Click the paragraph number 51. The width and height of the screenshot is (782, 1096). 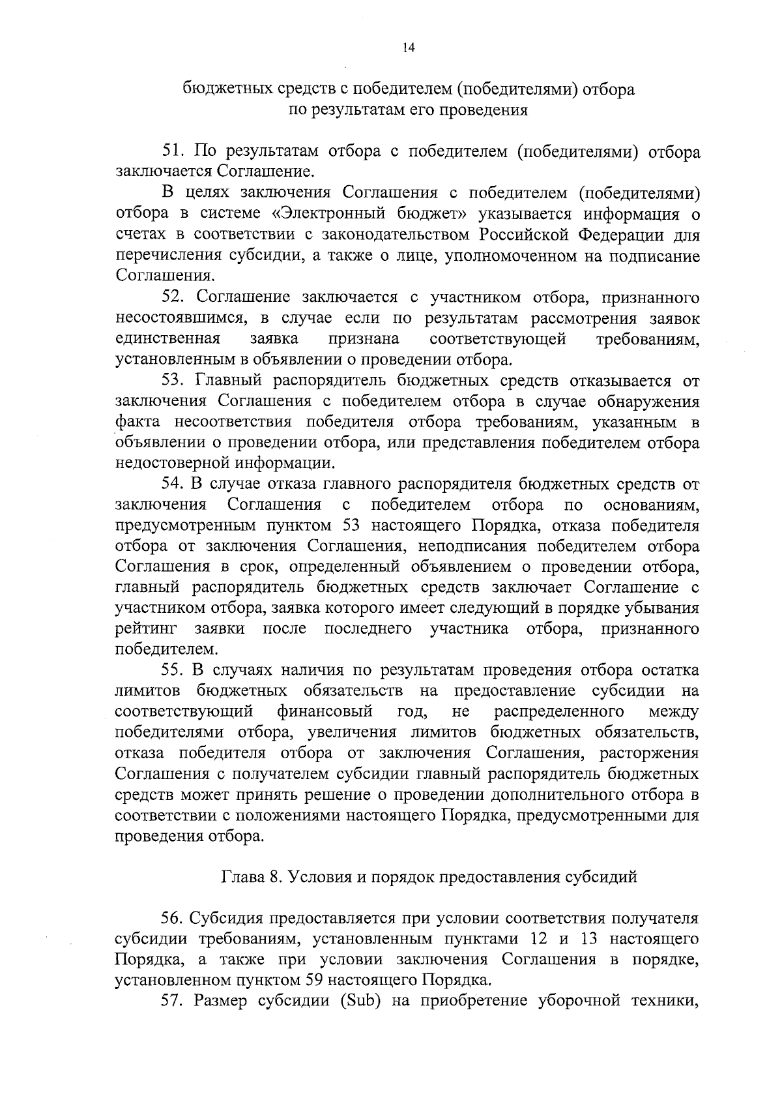[173, 152]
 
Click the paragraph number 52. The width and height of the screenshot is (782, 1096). [173, 298]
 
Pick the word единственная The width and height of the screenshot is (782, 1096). [167, 339]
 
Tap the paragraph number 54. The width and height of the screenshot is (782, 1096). [173, 484]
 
